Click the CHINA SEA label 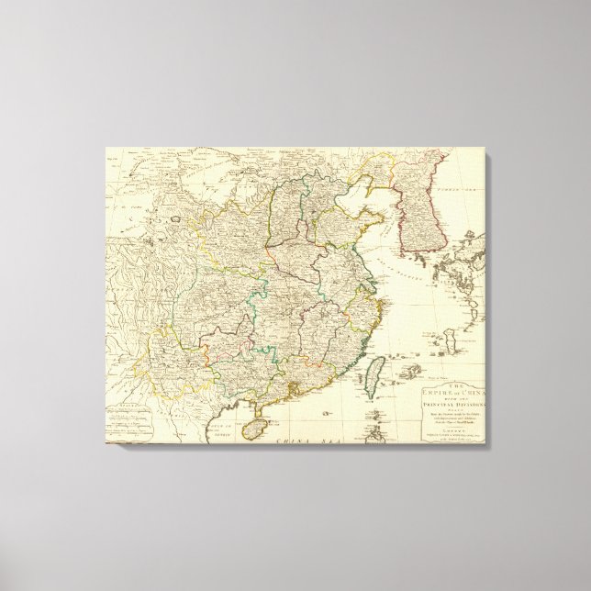coord(303,444)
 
